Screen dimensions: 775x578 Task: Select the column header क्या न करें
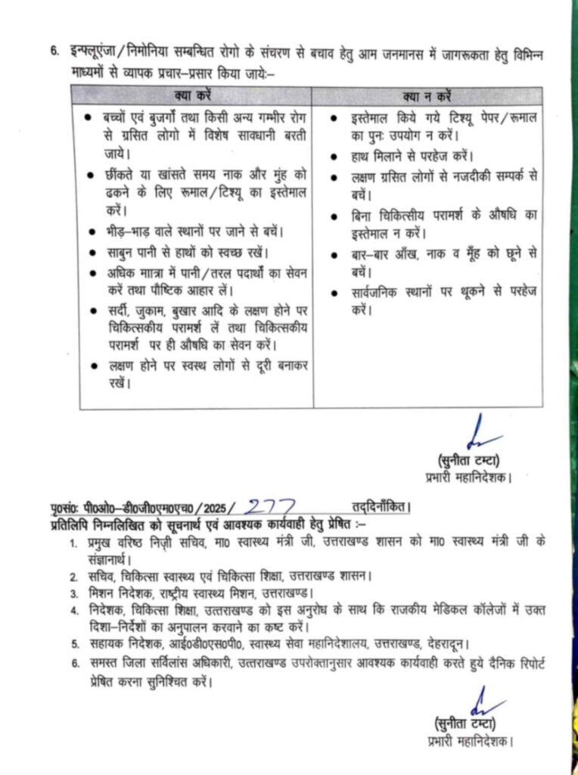click(x=427, y=97)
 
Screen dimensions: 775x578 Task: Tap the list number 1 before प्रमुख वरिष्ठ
click(x=73, y=543)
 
